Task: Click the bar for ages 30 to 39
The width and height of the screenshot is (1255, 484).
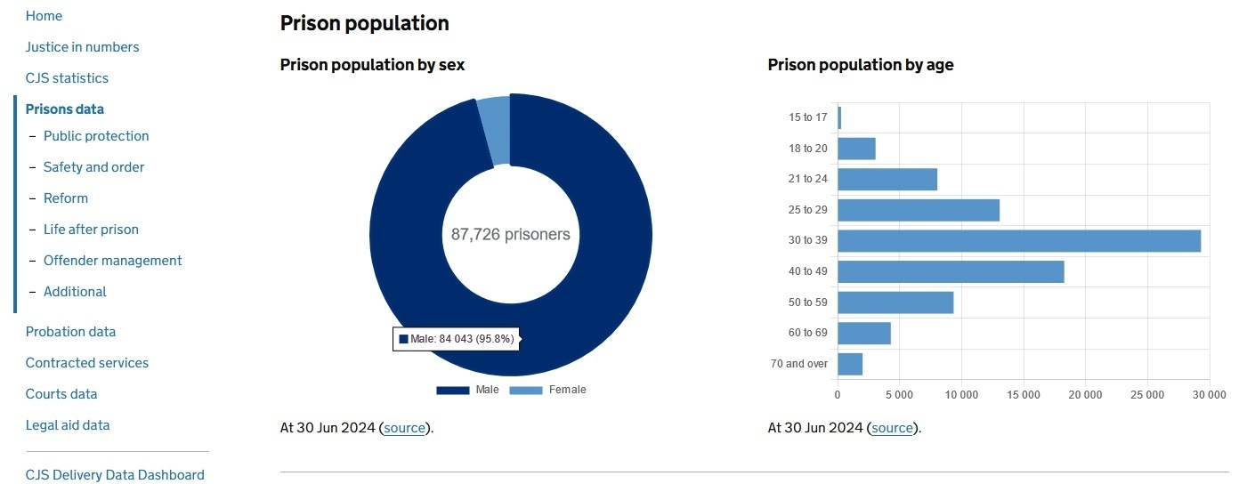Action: point(1018,241)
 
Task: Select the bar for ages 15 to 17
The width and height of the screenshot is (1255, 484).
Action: point(839,117)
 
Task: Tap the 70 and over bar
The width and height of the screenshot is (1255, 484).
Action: point(850,364)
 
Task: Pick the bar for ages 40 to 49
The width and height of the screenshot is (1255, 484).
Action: point(951,271)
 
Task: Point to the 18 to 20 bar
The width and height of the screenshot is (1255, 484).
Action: point(856,149)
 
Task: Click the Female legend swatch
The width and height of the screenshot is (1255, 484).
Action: point(525,391)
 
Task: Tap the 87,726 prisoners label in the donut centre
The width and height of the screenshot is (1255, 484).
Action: point(510,235)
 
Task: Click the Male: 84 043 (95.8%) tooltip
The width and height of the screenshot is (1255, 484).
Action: point(456,339)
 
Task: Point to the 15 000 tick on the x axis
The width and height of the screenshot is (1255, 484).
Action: point(1024,394)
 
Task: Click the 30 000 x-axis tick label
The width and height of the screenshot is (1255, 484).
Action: point(1209,394)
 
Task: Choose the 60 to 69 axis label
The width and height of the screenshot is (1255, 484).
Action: point(808,333)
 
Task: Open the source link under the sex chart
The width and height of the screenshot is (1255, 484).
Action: point(404,428)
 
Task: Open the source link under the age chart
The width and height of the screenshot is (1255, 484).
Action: point(892,428)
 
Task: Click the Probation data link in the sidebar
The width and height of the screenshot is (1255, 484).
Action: point(70,332)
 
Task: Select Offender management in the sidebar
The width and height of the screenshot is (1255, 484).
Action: point(112,261)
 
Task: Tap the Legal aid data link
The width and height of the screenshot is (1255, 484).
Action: point(68,425)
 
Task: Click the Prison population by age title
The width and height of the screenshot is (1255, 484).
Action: point(861,65)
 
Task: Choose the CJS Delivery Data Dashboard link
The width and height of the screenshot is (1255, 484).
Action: point(115,475)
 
